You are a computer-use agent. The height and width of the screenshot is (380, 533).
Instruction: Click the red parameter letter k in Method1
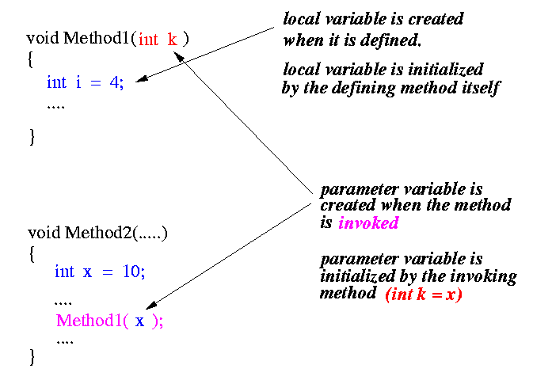172,40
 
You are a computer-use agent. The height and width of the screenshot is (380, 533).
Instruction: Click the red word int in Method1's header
149,40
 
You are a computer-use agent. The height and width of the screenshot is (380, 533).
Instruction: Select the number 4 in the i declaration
115,82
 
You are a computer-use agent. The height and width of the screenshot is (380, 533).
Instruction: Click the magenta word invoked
367,223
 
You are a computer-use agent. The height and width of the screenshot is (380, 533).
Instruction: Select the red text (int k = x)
423,294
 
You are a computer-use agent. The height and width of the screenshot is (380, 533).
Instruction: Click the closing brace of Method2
32,356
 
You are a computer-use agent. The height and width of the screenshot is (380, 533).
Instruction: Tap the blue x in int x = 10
87,272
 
